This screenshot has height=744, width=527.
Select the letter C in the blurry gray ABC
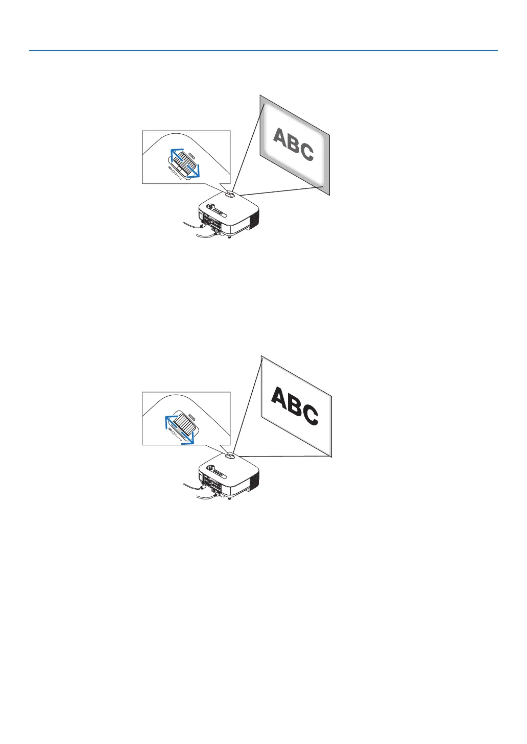click(306, 151)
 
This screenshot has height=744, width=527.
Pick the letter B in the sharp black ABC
click(294, 407)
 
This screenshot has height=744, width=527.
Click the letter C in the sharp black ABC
click(310, 415)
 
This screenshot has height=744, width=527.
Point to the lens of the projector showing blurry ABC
click(228, 194)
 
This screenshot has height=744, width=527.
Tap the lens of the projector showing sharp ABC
click(228, 455)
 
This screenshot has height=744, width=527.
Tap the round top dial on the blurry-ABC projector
click(209, 207)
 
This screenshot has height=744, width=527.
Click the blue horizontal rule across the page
click(263, 51)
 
